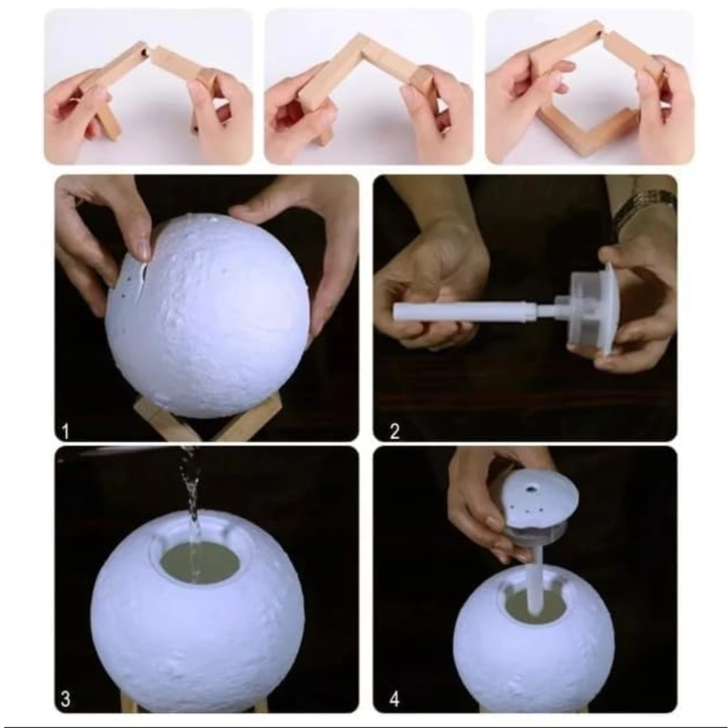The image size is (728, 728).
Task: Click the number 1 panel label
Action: [66, 431]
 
